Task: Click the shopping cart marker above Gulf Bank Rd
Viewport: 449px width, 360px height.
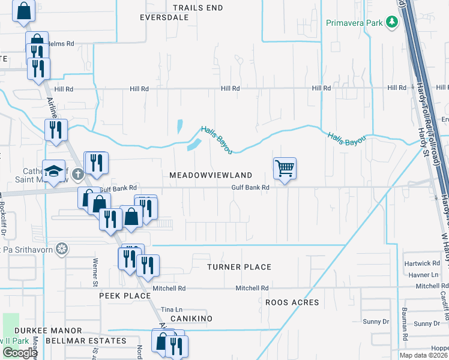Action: (285, 168)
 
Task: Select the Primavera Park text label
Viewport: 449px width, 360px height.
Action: (354, 23)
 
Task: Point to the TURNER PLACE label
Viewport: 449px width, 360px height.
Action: (240, 267)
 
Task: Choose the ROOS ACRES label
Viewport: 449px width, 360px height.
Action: (292, 302)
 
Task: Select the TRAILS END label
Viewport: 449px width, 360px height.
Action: (197, 8)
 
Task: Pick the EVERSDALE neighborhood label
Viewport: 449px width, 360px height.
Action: (164, 18)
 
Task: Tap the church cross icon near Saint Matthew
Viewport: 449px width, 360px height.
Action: (77, 175)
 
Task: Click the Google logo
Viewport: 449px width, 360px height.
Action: (20, 353)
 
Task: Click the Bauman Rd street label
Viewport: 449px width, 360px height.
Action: (405, 336)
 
